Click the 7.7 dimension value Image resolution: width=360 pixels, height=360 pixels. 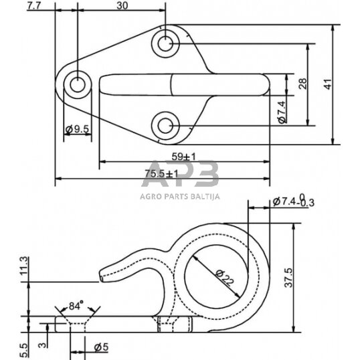click(34, 5)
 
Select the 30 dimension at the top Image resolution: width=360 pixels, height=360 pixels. click(122, 5)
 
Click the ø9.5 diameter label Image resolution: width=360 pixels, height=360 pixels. click(78, 129)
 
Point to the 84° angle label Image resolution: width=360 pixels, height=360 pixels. click(77, 306)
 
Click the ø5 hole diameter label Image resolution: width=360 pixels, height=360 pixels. click(100, 346)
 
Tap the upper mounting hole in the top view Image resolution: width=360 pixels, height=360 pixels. click(165, 44)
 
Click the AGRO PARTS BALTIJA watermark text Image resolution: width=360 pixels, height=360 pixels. click(180, 197)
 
